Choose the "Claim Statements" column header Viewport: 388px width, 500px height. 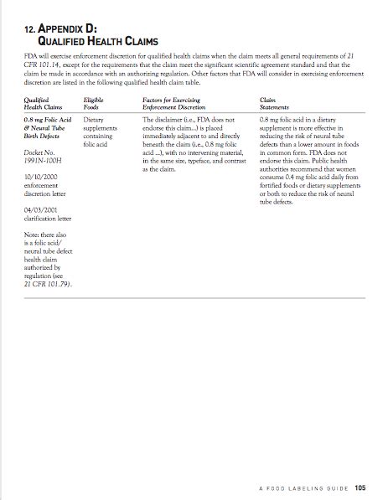click(x=275, y=102)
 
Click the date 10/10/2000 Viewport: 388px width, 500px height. click(x=40, y=178)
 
